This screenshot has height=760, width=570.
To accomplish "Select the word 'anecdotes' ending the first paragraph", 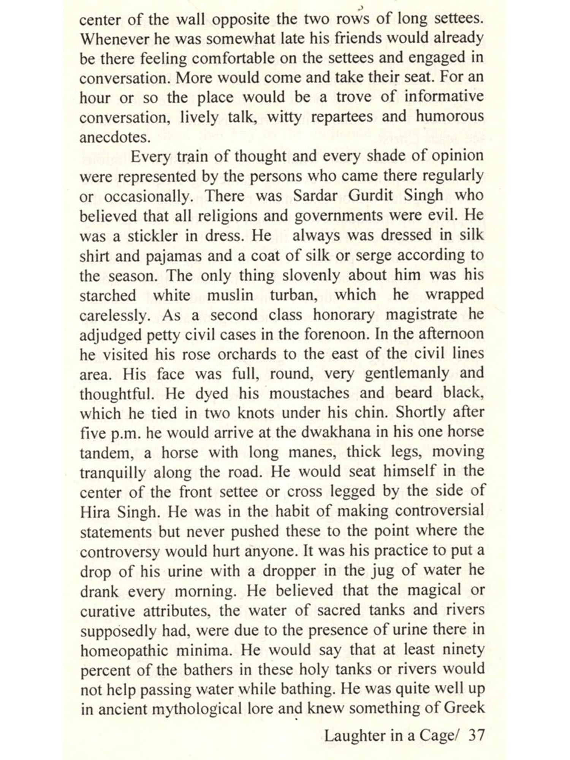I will (113, 137).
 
